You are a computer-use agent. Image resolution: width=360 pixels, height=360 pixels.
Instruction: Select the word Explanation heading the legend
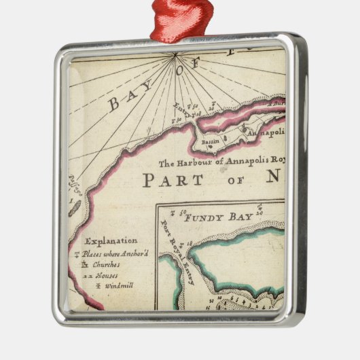pyautogui.click(x=111, y=240)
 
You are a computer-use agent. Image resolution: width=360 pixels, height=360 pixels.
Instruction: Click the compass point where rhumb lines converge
pyautogui.click(x=175, y=54)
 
